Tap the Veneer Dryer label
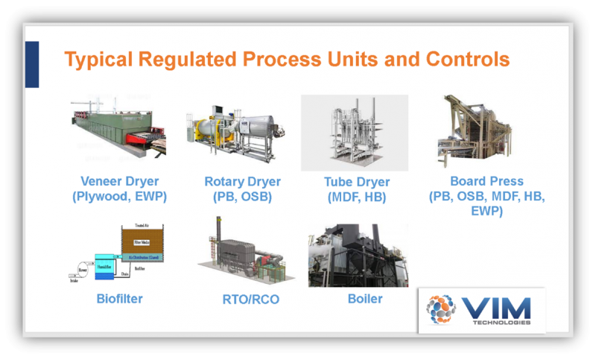click(x=120, y=181)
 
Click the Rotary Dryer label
click(x=242, y=181)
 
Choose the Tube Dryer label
click(x=357, y=182)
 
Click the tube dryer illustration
click(x=355, y=133)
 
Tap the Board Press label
click(x=486, y=181)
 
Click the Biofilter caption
click(x=119, y=300)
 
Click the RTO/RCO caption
click(x=245, y=300)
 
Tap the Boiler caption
click(x=365, y=299)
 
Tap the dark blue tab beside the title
click(x=31, y=64)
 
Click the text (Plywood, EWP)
click(x=120, y=198)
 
